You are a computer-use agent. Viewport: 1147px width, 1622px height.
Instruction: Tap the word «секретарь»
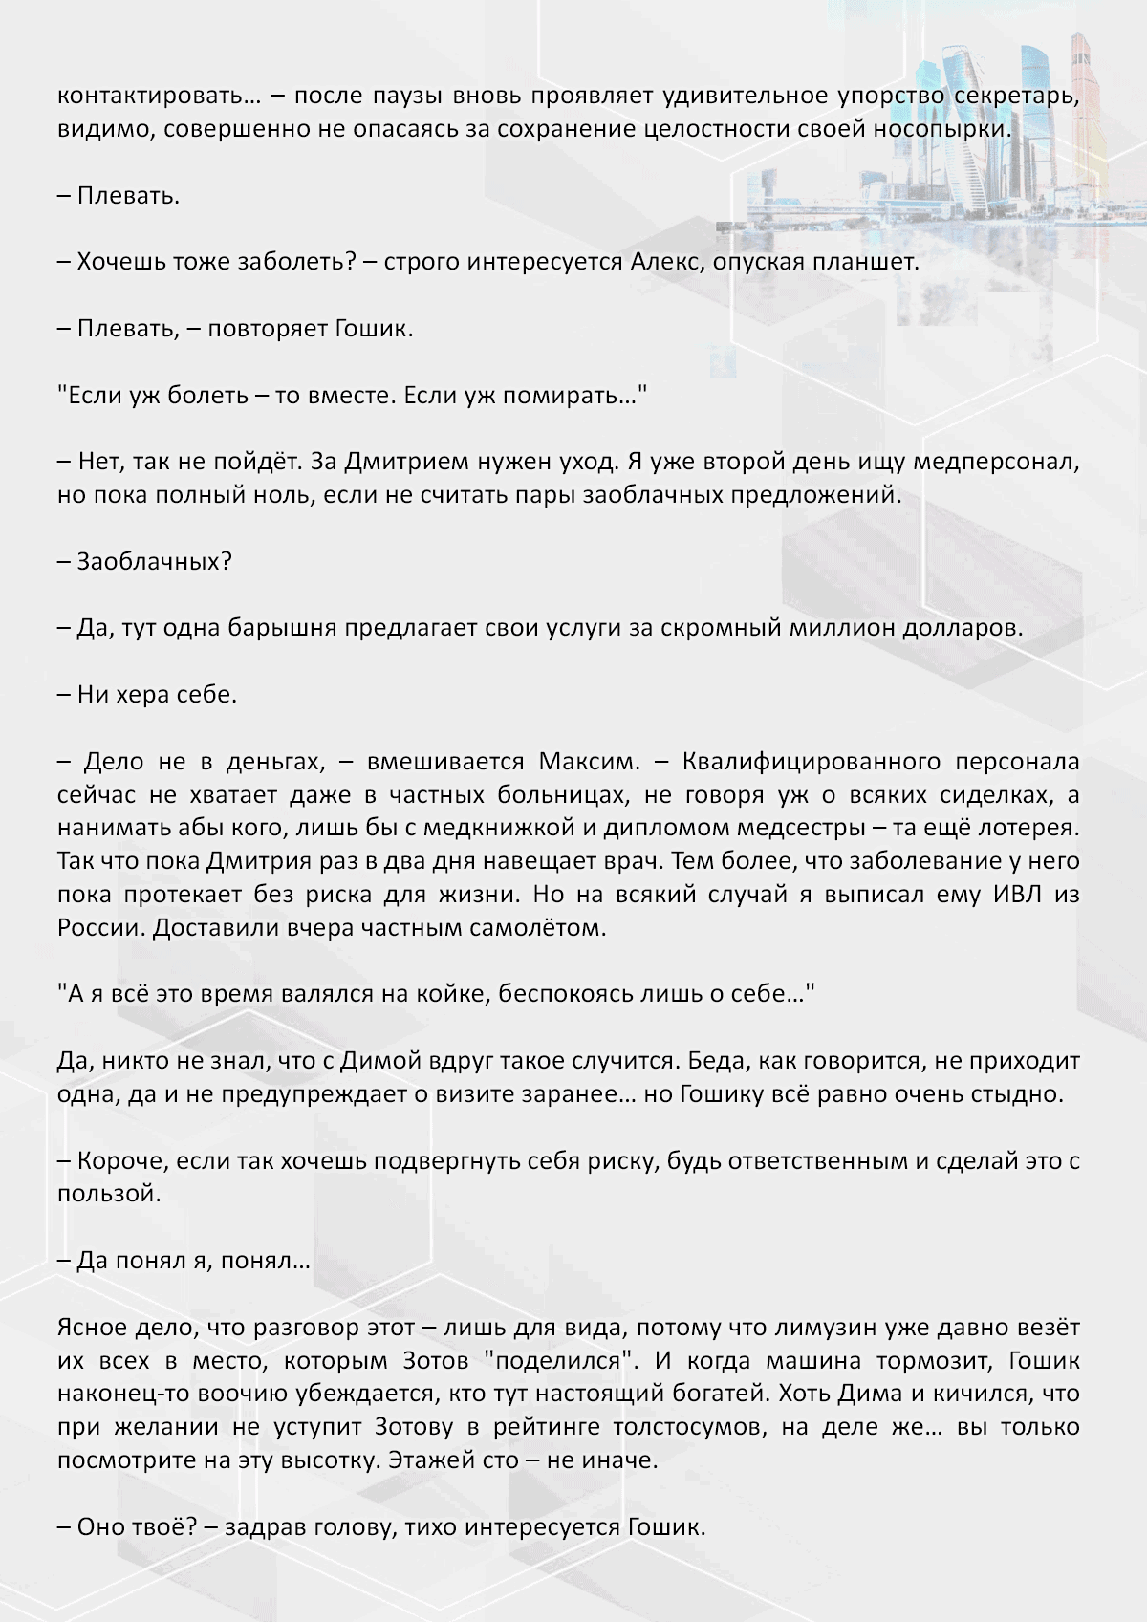[x=1017, y=96]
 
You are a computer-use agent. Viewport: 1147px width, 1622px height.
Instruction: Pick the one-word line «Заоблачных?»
[x=154, y=561]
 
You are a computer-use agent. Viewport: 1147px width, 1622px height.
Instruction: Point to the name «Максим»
[x=587, y=762]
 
